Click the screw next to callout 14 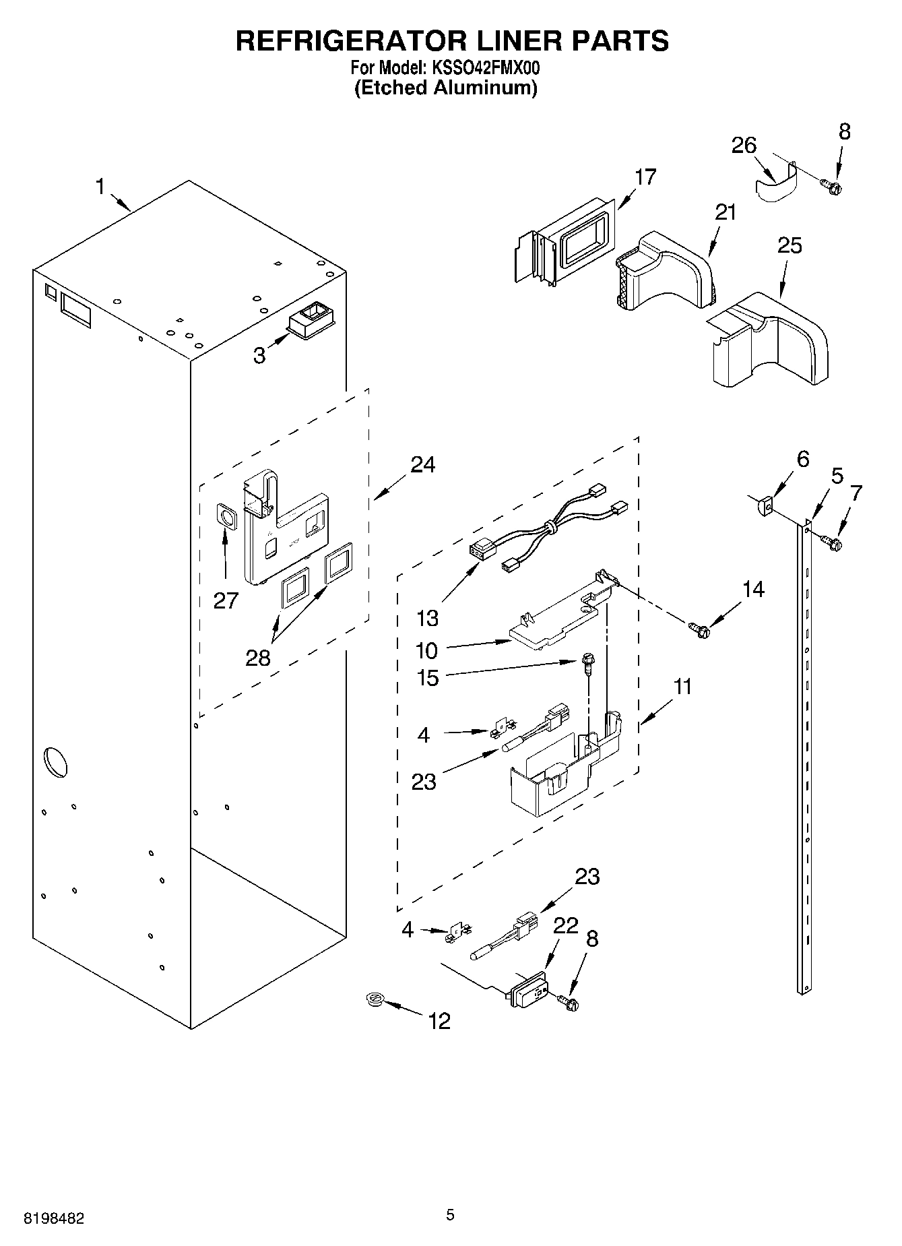(699, 630)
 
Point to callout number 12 (439, 1021)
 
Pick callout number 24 (422, 464)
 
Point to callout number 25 (790, 246)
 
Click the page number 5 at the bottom (450, 1215)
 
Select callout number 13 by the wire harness (427, 617)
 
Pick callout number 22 (565, 926)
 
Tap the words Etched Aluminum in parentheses (446, 88)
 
